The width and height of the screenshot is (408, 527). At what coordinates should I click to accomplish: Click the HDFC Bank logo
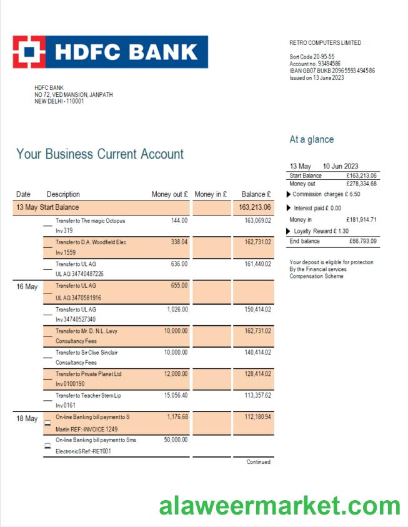pos(110,52)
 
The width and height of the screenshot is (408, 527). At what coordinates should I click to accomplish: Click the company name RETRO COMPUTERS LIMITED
pos(325,43)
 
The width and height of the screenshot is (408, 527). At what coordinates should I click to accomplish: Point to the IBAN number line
pos(332,71)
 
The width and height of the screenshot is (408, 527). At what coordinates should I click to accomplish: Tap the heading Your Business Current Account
pos(100,154)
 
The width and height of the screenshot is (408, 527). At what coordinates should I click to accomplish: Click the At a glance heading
pos(311,140)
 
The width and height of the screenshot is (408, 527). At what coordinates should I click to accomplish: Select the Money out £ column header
pos(169,194)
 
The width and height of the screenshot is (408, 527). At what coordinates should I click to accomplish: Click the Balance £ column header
pos(256,194)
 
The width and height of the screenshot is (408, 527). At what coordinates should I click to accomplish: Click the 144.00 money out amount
pos(179,220)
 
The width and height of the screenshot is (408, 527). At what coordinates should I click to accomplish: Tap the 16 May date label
pos(27,287)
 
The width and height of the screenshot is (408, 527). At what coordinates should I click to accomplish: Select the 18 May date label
pos(27,418)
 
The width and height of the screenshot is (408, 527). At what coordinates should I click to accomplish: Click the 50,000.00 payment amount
pos(176,440)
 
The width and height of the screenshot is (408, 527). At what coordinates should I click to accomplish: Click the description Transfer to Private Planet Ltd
pos(88,374)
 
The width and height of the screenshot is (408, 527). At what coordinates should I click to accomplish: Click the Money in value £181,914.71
pos(361,220)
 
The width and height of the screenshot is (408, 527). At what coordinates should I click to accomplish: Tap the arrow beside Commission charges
pos(288,194)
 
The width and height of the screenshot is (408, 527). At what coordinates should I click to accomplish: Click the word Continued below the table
pos(258,462)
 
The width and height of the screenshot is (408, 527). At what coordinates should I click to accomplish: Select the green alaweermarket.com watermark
pos(279,506)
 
